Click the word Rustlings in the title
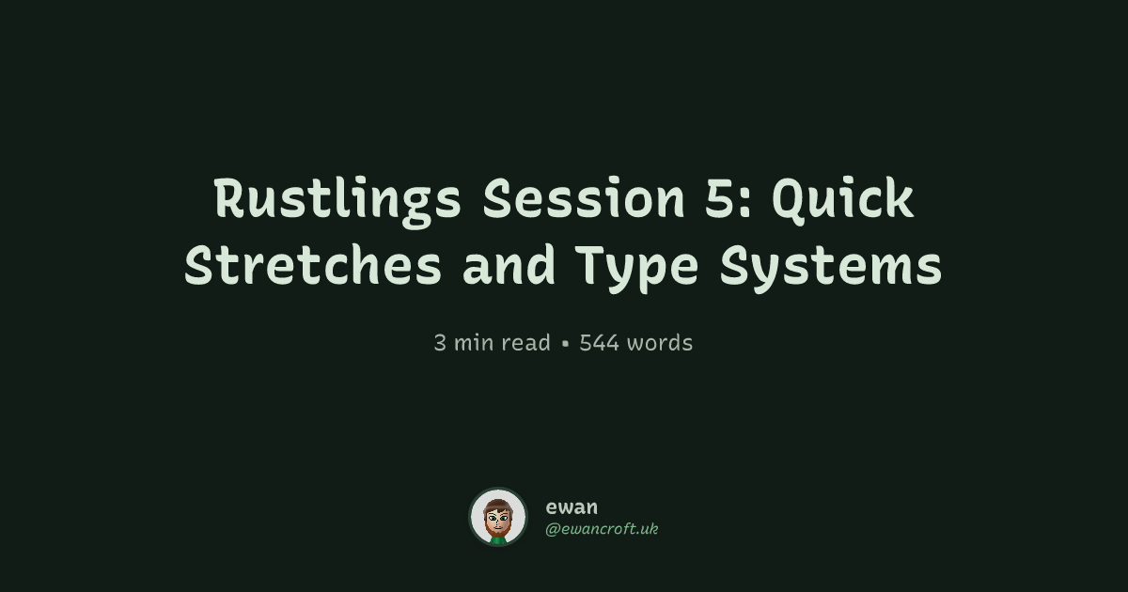point(337,200)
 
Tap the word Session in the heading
point(584,198)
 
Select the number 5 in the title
point(721,198)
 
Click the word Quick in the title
point(843,199)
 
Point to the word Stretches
point(313,265)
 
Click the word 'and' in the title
point(509,265)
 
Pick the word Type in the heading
point(638,268)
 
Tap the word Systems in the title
point(831,268)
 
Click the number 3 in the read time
point(440,343)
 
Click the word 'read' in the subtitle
point(525,343)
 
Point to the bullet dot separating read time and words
point(565,344)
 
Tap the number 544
point(600,343)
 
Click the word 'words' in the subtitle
point(660,343)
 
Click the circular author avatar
point(498,517)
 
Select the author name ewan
point(572,506)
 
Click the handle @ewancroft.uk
point(602,529)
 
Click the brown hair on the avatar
point(498,504)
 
